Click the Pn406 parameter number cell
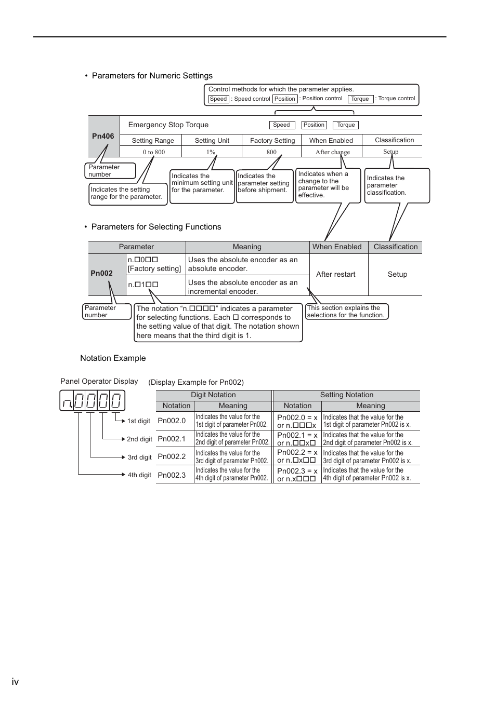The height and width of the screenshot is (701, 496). point(103,136)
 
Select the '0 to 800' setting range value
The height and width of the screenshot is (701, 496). point(154,152)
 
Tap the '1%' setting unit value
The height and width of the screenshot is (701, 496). point(211,152)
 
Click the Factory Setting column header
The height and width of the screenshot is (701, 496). point(272,140)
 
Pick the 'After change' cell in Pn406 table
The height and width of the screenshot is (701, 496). point(332,152)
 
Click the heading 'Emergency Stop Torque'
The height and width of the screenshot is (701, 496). point(168,125)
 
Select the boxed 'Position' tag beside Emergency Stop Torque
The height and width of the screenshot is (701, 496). point(314,125)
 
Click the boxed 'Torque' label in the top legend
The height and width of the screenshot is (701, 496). point(360,99)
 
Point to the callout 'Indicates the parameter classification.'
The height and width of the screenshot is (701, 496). point(397,185)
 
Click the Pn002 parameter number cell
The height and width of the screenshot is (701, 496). point(102,273)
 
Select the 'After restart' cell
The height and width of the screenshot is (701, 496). point(336,274)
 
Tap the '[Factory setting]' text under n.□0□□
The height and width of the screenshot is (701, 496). point(154,268)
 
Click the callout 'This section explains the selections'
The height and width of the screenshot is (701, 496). point(346,312)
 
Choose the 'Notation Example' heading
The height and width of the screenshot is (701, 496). point(113,358)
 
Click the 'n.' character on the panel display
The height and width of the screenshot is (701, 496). point(67,401)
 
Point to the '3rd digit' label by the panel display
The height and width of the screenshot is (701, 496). point(139,457)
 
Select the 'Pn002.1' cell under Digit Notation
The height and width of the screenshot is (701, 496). point(172,439)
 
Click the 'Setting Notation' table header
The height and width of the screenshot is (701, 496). point(346,395)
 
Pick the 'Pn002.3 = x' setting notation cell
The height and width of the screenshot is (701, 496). point(297,471)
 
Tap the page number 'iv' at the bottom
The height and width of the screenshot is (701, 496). point(15,682)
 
